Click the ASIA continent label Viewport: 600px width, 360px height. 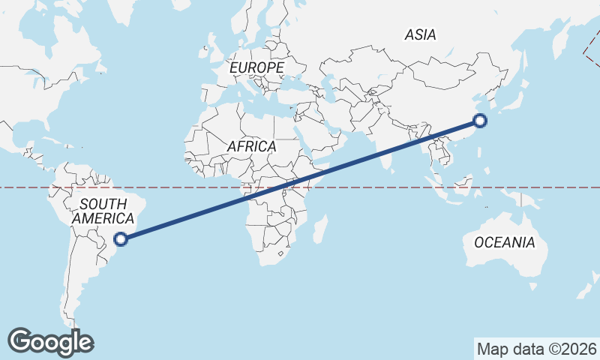pos(420,34)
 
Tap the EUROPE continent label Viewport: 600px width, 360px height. pos(256,68)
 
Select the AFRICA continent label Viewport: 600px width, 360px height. pos(251,147)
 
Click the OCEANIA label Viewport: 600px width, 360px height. pos(504,242)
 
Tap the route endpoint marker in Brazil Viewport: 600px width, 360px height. pos(121,239)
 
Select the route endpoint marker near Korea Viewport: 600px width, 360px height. pos(481,120)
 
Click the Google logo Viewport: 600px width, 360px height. pos(50,341)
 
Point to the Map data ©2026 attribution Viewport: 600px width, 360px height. pos(537,349)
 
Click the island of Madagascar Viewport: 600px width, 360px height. pos(321,228)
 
